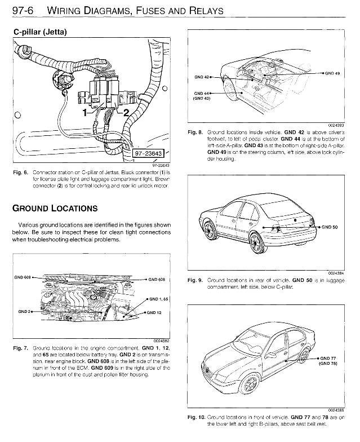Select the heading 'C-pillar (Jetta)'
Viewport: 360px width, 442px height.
point(39,32)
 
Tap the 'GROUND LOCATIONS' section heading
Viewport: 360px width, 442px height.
point(55,208)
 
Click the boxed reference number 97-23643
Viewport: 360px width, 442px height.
point(148,153)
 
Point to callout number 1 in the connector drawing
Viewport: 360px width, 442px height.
point(85,113)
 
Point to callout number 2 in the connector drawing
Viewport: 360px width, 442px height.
point(126,113)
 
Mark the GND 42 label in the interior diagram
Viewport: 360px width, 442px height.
point(201,76)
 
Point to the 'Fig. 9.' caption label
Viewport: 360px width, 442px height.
point(194,280)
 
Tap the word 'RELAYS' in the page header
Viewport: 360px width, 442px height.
point(201,11)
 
